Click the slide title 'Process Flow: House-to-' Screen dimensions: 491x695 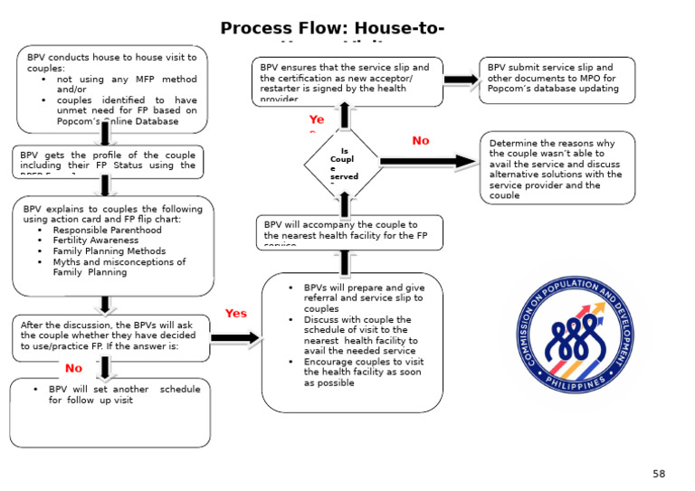click(332, 29)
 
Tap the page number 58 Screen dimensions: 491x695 click(658, 474)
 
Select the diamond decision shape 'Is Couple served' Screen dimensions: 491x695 click(343, 163)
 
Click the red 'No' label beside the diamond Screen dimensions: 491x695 click(421, 141)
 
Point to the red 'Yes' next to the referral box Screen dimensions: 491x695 click(235, 314)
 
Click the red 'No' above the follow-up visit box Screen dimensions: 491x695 click(73, 368)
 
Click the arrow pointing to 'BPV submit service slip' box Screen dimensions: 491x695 click(462, 80)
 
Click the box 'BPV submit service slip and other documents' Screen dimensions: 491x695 click(557, 80)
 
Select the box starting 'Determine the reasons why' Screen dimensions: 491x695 click(557, 168)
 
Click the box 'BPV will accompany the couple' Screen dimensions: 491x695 click(349, 231)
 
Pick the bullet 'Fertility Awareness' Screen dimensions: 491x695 click(95, 241)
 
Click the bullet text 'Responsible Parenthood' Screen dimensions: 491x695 click(107, 230)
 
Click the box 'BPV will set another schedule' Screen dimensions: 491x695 click(109, 412)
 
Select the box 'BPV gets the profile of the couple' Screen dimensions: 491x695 click(108, 161)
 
